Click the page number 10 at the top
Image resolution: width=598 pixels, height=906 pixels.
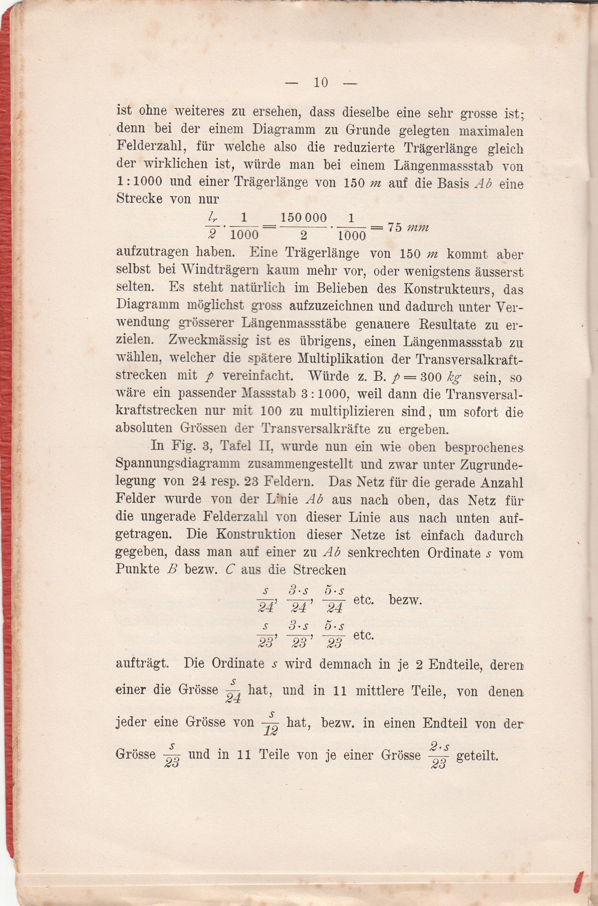321,82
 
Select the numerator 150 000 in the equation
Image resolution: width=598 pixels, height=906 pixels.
304,218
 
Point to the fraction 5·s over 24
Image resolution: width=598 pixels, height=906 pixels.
335,600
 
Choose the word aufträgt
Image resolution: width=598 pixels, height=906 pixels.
142,663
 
